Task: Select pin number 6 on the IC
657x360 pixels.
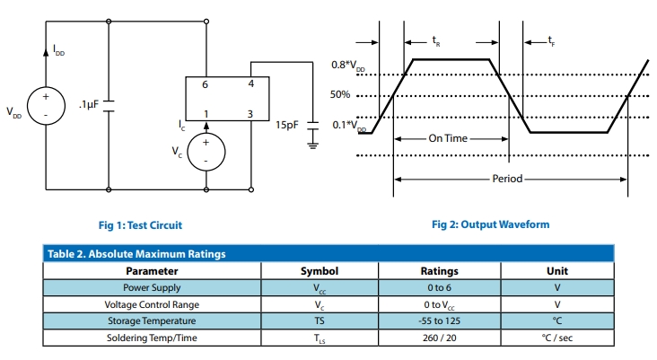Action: coord(205,83)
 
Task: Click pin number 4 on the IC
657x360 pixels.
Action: coord(250,83)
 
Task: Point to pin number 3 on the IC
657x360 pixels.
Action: coord(250,114)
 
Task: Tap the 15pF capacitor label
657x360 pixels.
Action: coord(286,125)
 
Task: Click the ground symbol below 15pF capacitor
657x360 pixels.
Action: coord(313,142)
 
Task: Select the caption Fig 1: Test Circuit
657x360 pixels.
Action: coord(145,224)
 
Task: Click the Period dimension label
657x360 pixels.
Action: coord(507,179)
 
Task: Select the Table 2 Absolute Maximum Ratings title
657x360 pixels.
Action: coord(136,254)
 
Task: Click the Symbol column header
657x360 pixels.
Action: coord(319,270)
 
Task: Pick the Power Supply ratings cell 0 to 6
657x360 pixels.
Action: coord(439,287)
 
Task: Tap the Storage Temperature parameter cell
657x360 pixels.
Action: coord(152,320)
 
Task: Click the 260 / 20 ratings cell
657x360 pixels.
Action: coord(439,338)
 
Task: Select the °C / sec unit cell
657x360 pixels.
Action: coord(556,338)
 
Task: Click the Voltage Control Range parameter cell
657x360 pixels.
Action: coord(152,304)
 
